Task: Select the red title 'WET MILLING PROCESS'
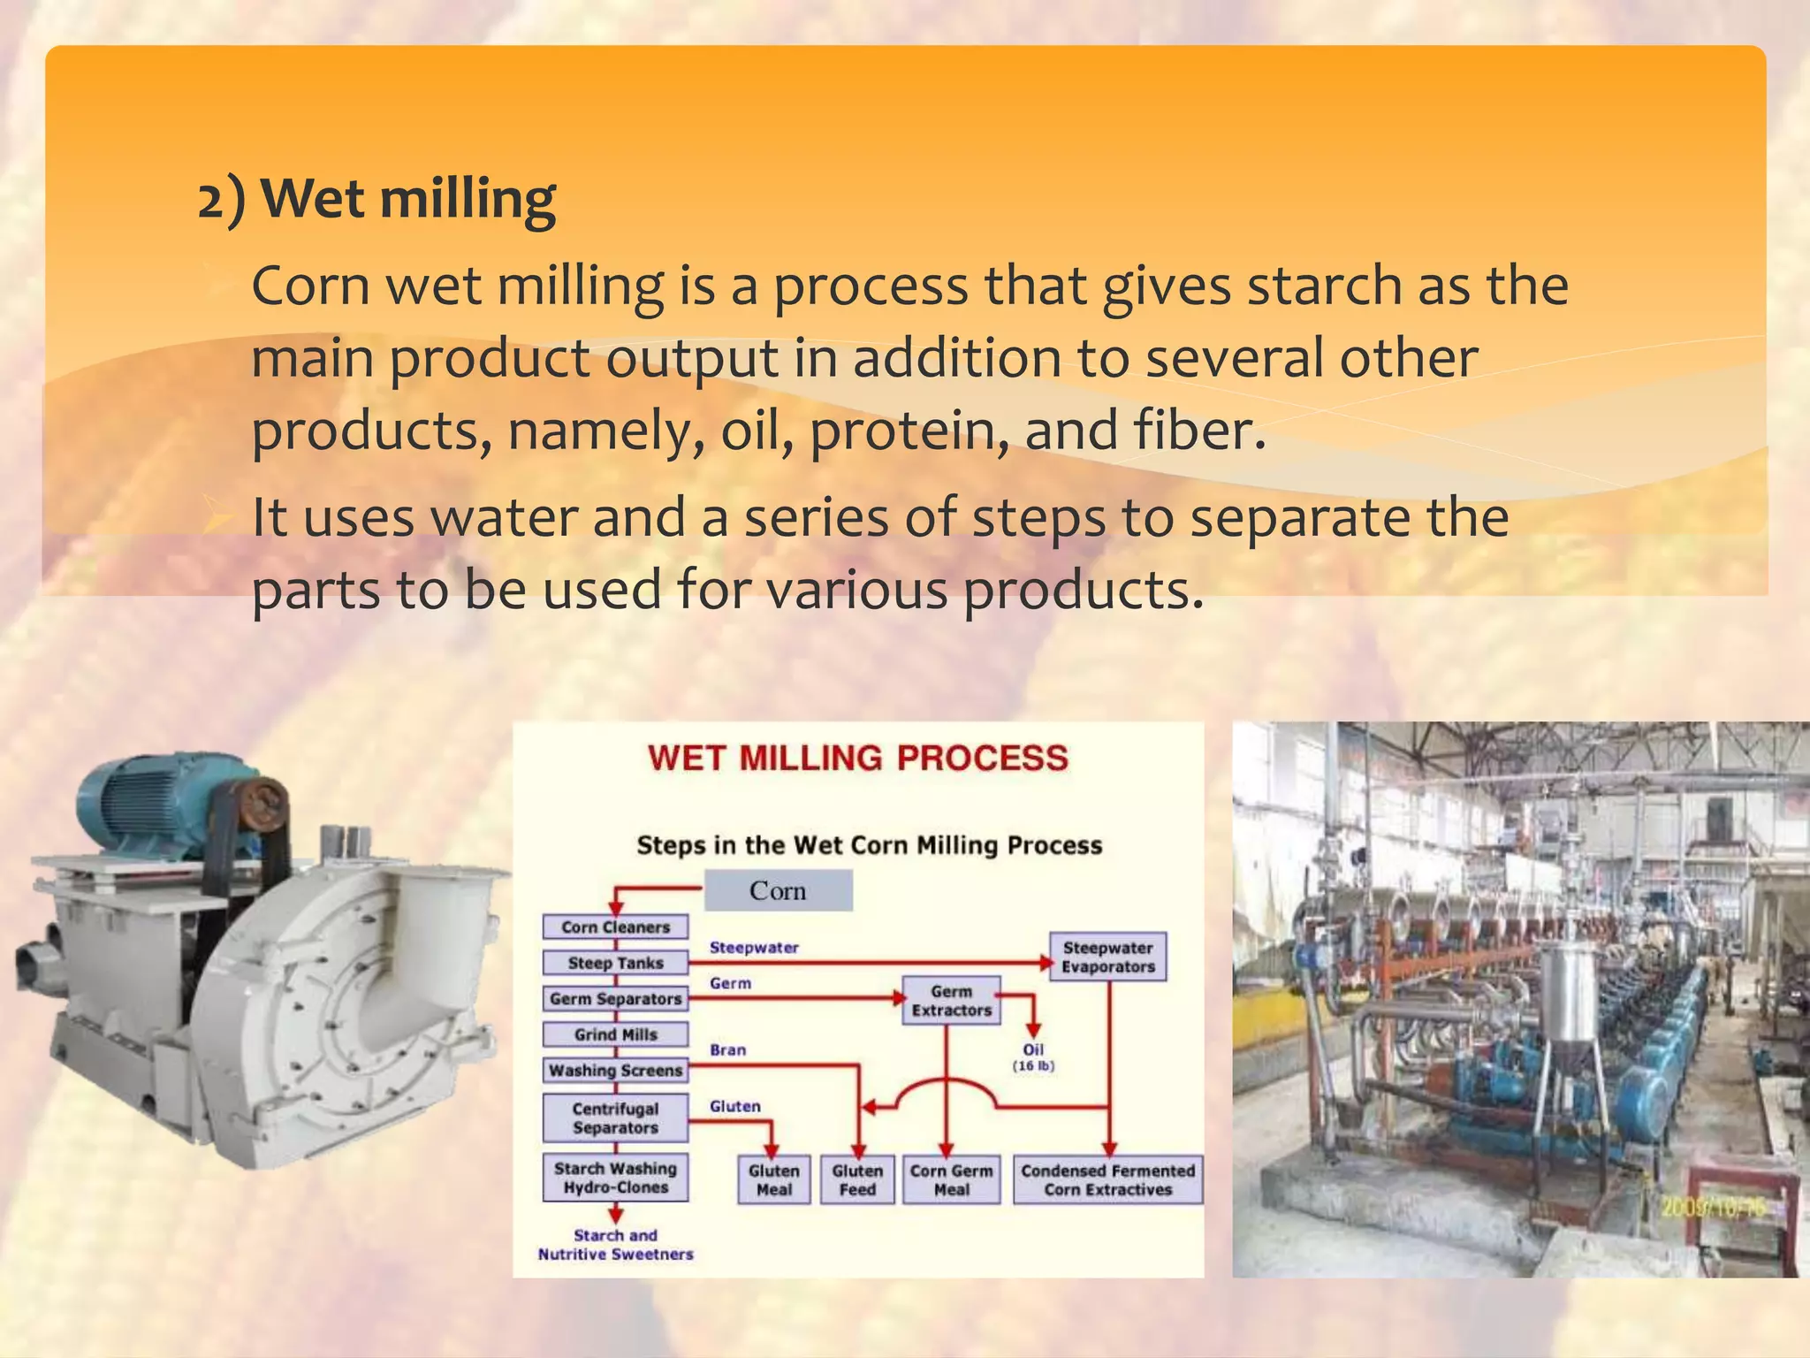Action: click(857, 759)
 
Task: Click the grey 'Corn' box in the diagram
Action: click(778, 890)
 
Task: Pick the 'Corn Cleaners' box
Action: click(615, 927)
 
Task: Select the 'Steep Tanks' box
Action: click(615, 963)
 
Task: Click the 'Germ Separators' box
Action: click(615, 998)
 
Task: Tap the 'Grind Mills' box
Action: click(615, 1034)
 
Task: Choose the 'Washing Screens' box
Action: click(615, 1070)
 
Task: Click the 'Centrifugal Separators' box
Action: click(615, 1118)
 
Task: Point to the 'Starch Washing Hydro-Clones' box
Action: click(615, 1178)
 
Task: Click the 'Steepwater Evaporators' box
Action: click(1107, 957)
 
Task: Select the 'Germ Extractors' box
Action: click(951, 1001)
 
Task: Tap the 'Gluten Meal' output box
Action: click(773, 1179)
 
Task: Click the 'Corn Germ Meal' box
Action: click(951, 1179)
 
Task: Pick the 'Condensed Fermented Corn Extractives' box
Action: click(1107, 1179)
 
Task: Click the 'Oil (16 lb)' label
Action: click(1033, 1057)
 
